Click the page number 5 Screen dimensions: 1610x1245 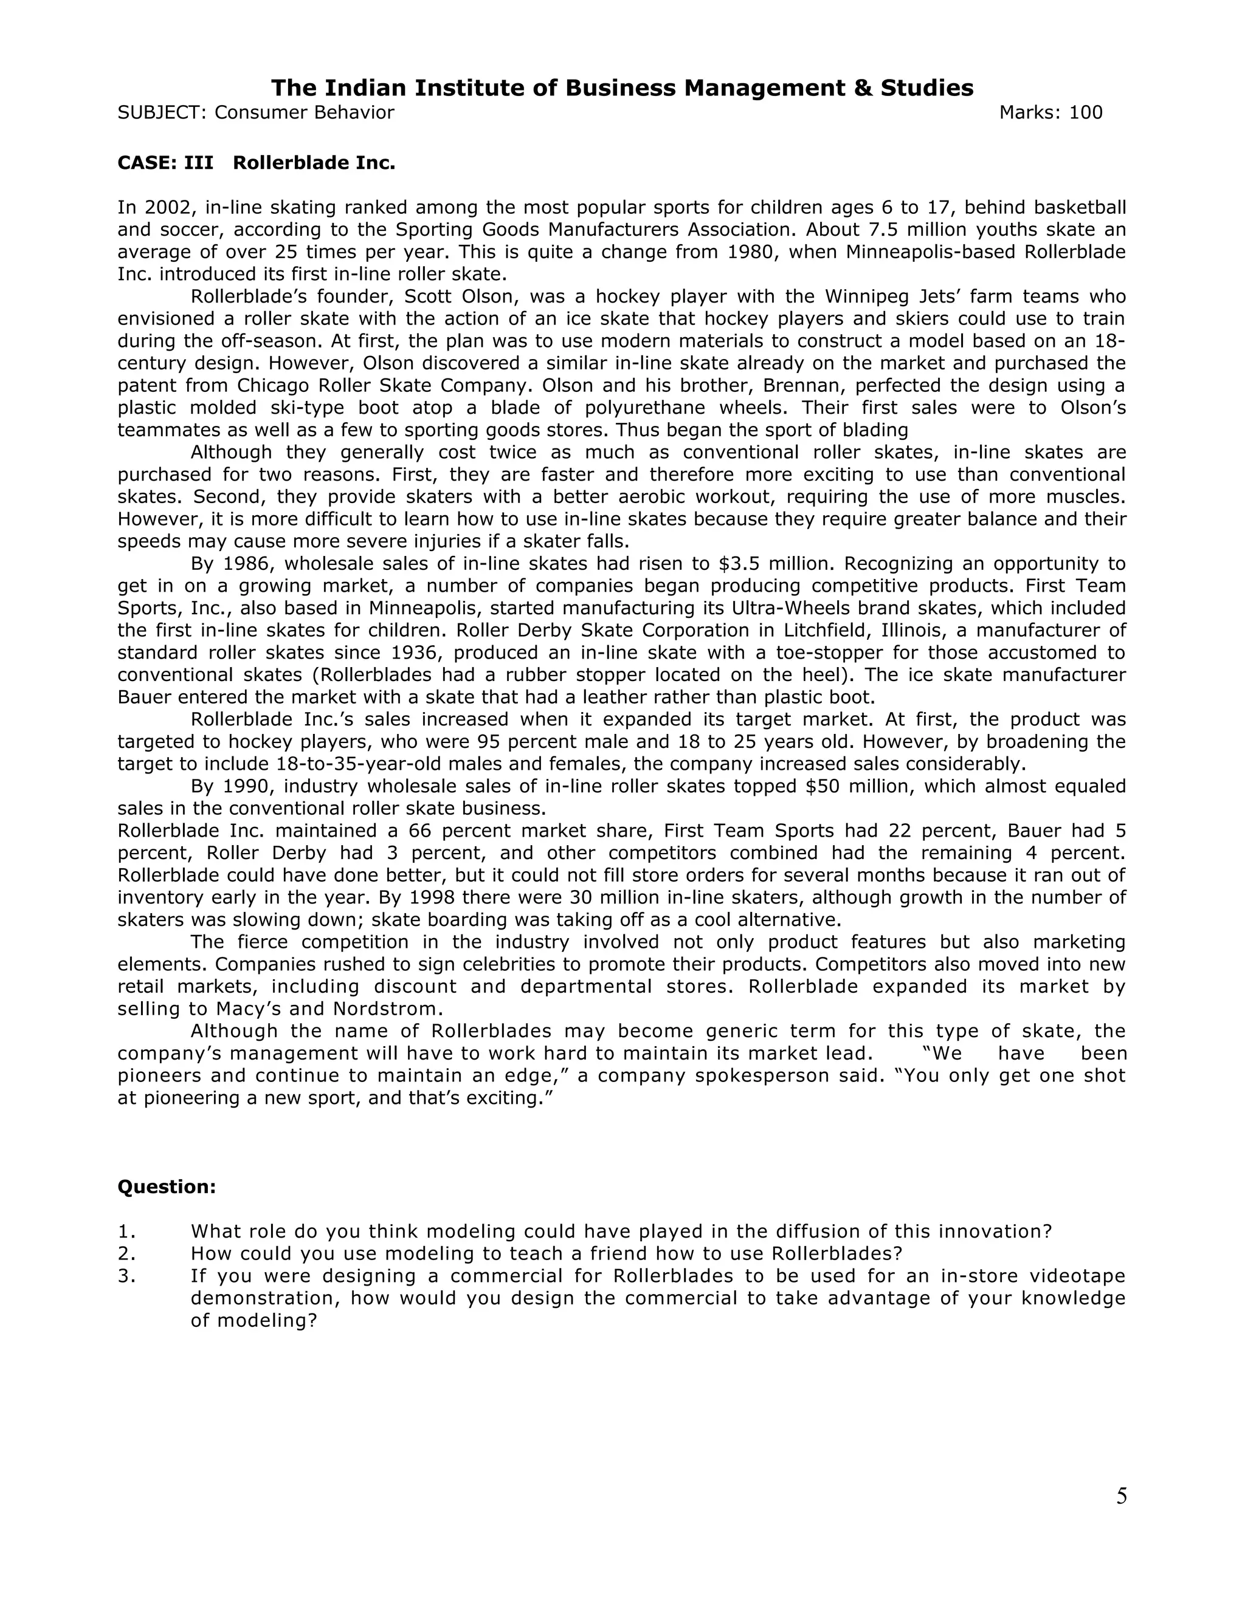click(1121, 1496)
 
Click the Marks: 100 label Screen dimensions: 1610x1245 click(1050, 113)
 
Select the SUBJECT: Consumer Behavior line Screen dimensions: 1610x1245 click(256, 113)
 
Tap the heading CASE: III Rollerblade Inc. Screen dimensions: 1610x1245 click(256, 163)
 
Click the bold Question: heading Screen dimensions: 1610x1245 click(167, 1187)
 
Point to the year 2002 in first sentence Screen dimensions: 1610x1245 click(170, 208)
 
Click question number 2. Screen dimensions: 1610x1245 click(126, 1254)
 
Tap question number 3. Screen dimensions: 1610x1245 click(126, 1276)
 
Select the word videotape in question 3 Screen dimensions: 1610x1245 click(1077, 1276)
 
